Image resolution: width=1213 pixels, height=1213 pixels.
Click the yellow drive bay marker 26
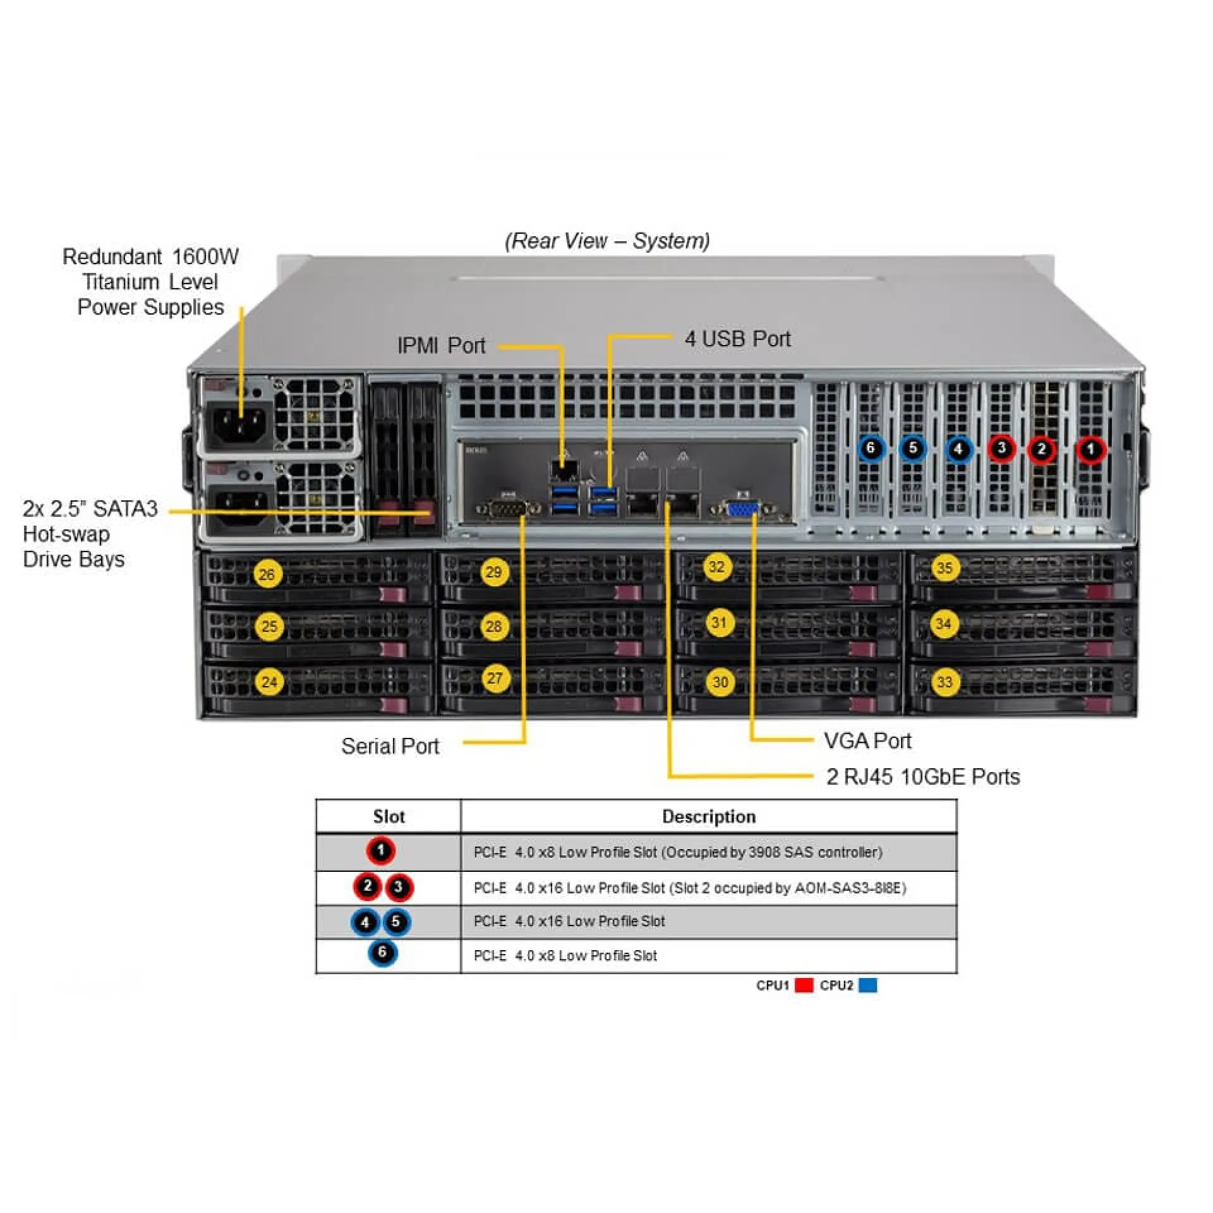click(267, 574)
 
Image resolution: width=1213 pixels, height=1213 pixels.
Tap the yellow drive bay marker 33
click(944, 682)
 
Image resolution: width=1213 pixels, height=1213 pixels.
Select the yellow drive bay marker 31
click(719, 623)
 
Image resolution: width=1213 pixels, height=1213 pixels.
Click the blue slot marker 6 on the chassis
click(871, 449)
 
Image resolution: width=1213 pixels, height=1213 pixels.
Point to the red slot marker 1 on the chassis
click(1090, 450)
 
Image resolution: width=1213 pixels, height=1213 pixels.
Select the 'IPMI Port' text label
click(441, 346)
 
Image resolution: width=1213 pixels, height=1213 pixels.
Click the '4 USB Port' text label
click(737, 339)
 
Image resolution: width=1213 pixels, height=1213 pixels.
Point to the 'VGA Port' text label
click(867, 740)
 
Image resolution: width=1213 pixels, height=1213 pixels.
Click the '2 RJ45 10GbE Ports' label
click(922, 776)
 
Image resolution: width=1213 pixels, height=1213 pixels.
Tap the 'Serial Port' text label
click(390, 746)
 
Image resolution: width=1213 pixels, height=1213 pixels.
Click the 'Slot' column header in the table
click(389, 816)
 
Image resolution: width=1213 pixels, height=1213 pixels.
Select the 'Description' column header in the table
click(708, 816)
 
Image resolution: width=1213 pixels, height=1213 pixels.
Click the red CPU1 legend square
click(804, 985)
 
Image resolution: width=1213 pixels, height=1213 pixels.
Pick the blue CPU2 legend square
click(868, 985)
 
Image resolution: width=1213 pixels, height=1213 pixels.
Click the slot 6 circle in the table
click(382, 953)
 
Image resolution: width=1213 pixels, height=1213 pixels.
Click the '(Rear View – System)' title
click(606, 241)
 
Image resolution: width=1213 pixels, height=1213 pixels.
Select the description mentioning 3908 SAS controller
click(677, 852)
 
